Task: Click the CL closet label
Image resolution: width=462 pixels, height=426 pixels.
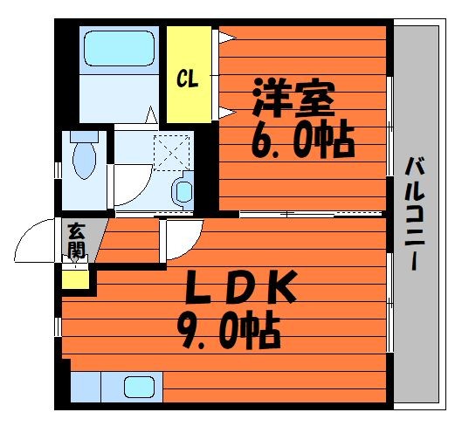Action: pyautogui.click(x=188, y=79)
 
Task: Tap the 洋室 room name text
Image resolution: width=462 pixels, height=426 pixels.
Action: pyautogui.click(x=294, y=98)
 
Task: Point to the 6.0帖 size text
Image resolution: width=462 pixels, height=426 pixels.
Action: pyautogui.click(x=302, y=140)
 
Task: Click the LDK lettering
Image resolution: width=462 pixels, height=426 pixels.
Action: pyautogui.click(x=241, y=287)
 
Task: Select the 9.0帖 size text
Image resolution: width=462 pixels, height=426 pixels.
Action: pyautogui.click(x=228, y=329)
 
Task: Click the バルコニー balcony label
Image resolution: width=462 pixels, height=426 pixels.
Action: pyautogui.click(x=415, y=214)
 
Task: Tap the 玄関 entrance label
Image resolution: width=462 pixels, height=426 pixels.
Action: pyautogui.click(x=76, y=241)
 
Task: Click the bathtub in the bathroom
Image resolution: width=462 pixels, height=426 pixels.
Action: pyautogui.click(x=120, y=48)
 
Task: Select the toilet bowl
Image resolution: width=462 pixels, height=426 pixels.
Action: pyautogui.click(x=84, y=161)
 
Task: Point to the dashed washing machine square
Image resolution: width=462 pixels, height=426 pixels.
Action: pyautogui.click(x=172, y=153)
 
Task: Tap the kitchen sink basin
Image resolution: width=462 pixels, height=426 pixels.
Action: pyautogui.click(x=139, y=387)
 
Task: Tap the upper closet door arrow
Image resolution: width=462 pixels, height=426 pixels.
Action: pyautogui.click(x=227, y=38)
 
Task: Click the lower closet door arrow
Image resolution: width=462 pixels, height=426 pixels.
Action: pyautogui.click(x=227, y=113)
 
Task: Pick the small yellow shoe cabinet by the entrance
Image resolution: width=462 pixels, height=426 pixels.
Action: pyautogui.click(x=75, y=279)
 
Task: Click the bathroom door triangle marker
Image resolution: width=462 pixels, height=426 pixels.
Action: pyautogui.click(x=152, y=114)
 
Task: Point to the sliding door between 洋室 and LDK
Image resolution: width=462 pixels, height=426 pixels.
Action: pyautogui.click(x=311, y=214)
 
